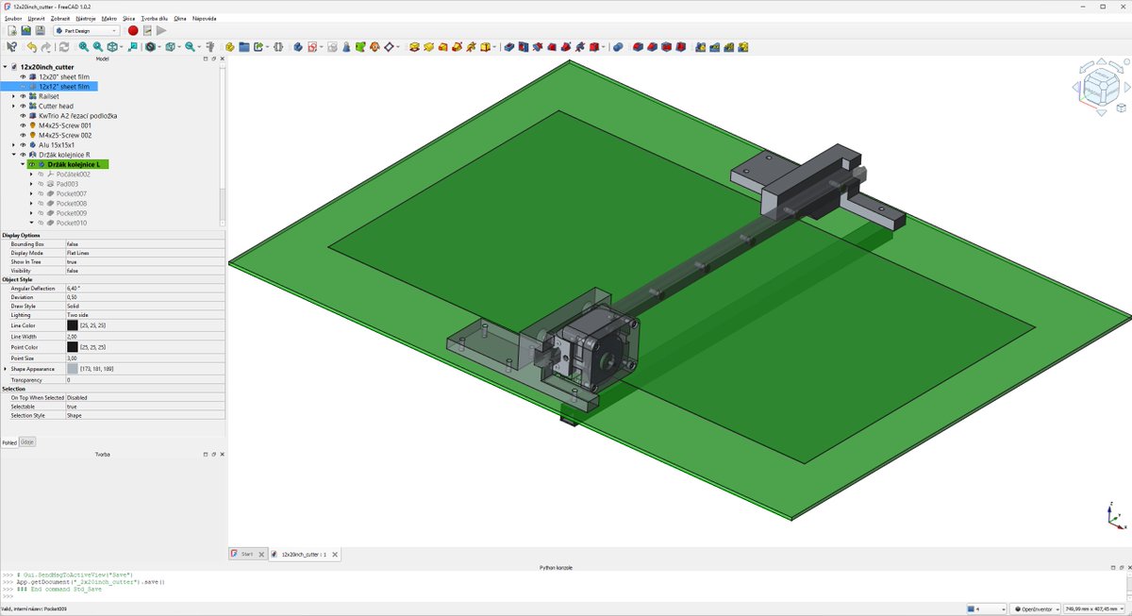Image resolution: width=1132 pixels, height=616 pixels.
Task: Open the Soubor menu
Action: pyautogui.click(x=13, y=18)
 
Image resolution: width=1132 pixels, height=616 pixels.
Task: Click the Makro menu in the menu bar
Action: pyautogui.click(x=109, y=18)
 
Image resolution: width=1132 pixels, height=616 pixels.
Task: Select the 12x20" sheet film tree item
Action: pyautogui.click(x=64, y=76)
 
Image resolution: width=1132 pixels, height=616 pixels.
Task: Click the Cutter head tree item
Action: pyautogui.click(x=56, y=107)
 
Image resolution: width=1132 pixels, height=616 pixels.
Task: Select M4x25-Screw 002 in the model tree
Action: pyautogui.click(x=65, y=135)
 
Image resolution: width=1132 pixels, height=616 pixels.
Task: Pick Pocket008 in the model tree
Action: pyautogui.click(x=71, y=204)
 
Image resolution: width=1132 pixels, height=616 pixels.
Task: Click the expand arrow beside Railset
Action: pyautogui.click(x=13, y=96)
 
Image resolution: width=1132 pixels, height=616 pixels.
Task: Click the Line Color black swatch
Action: pyautogui.click(x=73, y=325)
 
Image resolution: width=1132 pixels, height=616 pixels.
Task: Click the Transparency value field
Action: pyautogui.click(x=141, y=379)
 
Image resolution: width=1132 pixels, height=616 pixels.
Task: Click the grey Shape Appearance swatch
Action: pyautogui.click(x=73, y=369)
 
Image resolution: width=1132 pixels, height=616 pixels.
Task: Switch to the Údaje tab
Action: pyautogui.click(x=27, y=441)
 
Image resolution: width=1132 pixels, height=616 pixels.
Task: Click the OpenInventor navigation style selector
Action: pyautogui.click(x=1035, y=609)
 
